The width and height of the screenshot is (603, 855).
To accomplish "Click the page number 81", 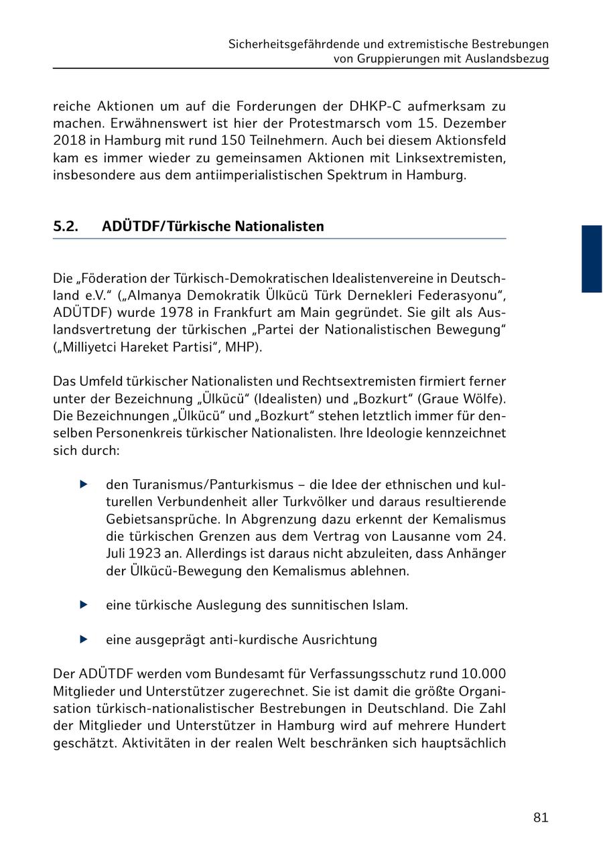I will (541, 817).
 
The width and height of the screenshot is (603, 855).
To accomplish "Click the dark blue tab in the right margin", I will (592, 259).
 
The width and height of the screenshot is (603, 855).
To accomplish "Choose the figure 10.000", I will (484, 673).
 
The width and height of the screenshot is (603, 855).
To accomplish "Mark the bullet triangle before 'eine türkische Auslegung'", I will (84, 605).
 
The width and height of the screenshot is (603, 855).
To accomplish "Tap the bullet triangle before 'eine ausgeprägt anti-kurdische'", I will (84, 639).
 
